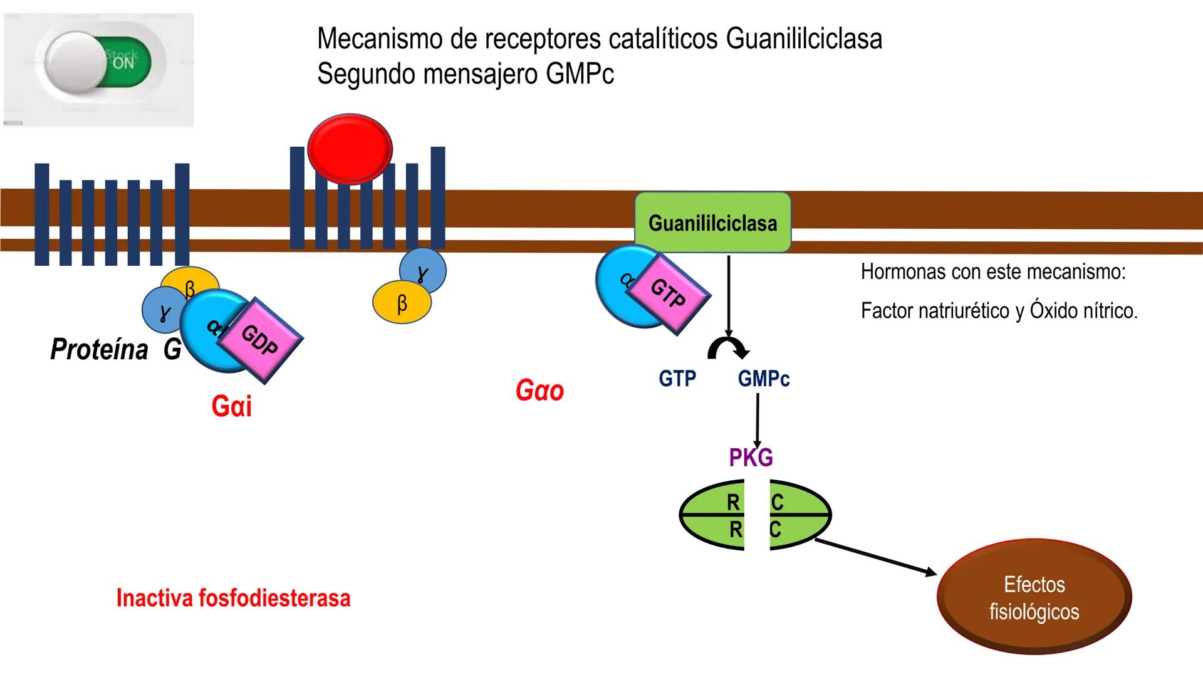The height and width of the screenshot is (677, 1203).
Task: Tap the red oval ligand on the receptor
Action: click(350, 149)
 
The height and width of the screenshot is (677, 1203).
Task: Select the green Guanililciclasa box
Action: click(712, 223)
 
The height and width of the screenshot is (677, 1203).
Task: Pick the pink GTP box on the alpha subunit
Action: click(669, 293)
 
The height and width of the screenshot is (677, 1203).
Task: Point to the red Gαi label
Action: click(231, 406)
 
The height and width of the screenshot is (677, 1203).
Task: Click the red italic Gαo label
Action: click(539, 391)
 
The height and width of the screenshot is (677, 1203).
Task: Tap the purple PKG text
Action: click(751, 458)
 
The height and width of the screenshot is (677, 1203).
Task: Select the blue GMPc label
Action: click(763, 379)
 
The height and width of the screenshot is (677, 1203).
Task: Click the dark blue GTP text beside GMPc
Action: click(677, 379)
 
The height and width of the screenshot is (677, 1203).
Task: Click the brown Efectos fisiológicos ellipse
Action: click(1034, 597)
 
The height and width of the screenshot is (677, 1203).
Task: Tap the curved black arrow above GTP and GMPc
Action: click(727, 349)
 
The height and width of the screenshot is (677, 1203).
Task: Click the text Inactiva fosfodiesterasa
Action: click(233, 598)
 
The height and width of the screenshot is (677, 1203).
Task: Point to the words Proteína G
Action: click(115, 350)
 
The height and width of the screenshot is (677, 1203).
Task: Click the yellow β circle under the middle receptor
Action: click(401, 303)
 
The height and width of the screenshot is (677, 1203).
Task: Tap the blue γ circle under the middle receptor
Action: click(424, 271)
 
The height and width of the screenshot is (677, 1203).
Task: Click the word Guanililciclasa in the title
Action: click(804, 39)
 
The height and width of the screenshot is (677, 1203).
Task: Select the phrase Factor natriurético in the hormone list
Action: click(934, 311)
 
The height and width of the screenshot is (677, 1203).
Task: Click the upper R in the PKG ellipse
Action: click(732, 502)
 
